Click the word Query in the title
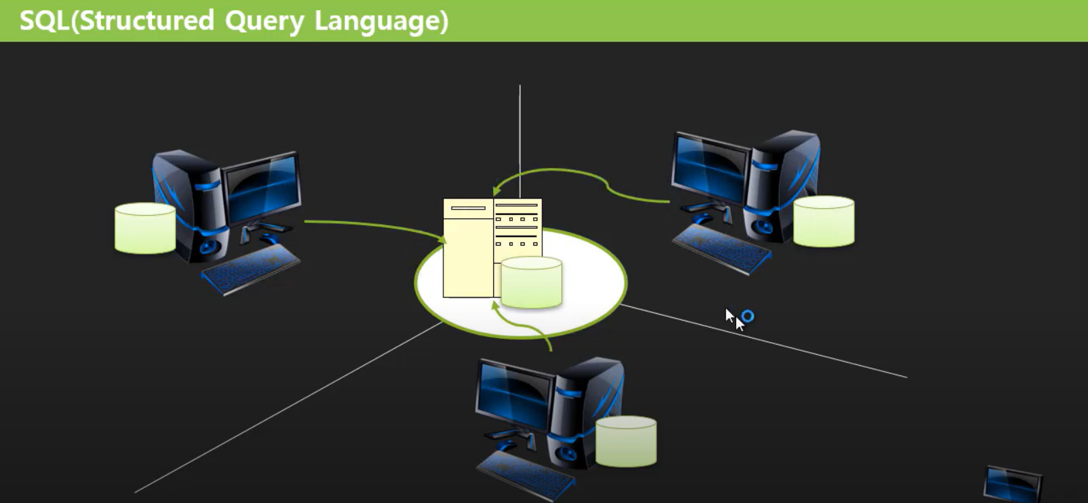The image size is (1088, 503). pyautogui.click(x=264, y=21)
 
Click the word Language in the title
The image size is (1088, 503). pyautogui.click(x=381, y=21)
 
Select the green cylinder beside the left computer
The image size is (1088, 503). pyautogui.click(x=145, y=228)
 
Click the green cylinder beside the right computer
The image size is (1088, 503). pyautogui.click(x=823, y=221)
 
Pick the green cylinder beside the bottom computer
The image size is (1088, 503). pyautogui.click(x=626, y=442)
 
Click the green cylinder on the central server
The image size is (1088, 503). pyautogui.click(x=531, y=282)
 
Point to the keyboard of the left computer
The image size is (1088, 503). pyautogui.click(x=251, y=268)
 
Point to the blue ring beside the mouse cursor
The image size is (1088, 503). pyautogui.click(x=748, y=316)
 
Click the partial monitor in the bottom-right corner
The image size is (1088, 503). pyautogui.click(x=1012, y=484)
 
